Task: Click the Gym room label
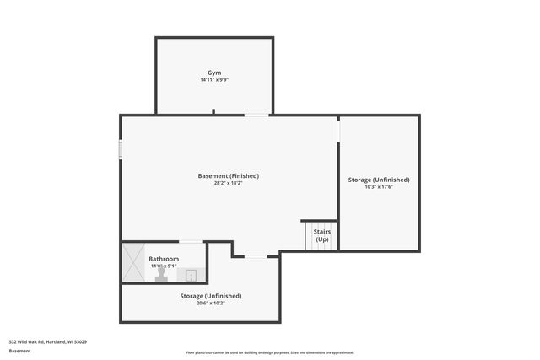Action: coord(214,73)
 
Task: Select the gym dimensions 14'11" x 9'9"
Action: coord(214,80)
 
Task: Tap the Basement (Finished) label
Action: coord(228,175)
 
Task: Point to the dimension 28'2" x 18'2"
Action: coord(228,183)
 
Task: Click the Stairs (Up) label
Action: coord(321,235)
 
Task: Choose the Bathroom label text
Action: coord(164,259)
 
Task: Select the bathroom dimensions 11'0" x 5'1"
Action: coord(164,266)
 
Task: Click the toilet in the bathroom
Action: coord(161,277)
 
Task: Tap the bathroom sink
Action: coord(192,275)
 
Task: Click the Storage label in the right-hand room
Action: coord(379,180)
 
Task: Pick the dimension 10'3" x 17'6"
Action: coord(379,187)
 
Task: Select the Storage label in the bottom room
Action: coord(210,296)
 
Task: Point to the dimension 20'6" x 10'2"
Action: coord(210,304)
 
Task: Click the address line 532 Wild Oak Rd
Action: coord(48,341)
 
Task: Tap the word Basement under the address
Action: coord(20,350)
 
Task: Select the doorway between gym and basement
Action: coord(257,115)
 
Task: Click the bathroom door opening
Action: coord(192,242)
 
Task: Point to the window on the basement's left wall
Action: coord(121,149)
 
